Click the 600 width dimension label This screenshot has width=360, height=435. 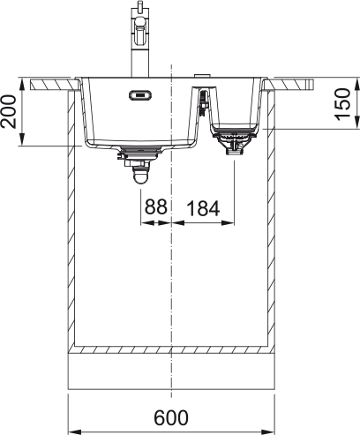click(171, 417)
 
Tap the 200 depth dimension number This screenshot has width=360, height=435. click(8, 111)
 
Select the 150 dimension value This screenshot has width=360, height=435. click(343, 104)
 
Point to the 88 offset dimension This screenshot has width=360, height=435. click(156, 206)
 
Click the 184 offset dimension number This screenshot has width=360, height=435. click(203, 208)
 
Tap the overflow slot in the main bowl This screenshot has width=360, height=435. click(140, 94)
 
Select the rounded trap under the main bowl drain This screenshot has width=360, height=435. click(140, 176)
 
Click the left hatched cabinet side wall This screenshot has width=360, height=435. click(71, 219)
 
